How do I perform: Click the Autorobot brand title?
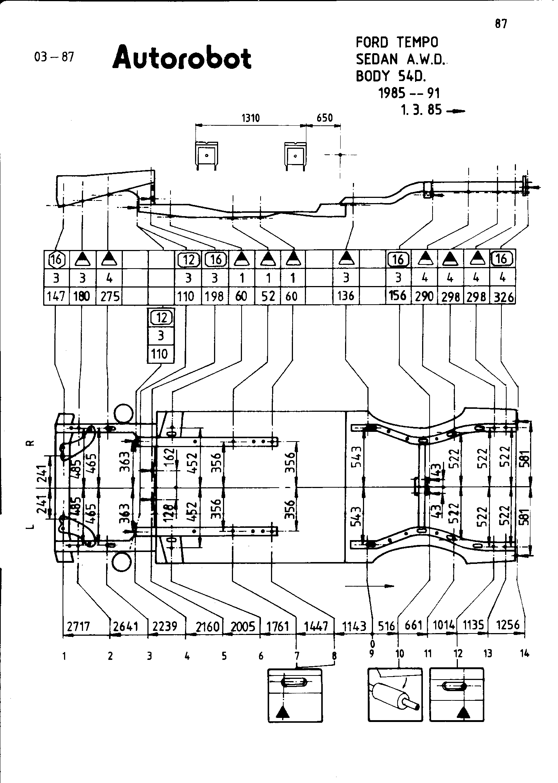point(182,58)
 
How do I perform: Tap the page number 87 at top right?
point(501,24)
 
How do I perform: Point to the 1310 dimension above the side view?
point(251,118)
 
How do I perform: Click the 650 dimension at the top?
point(324,118)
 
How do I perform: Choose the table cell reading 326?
point(503,296)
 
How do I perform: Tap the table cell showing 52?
point(268,296)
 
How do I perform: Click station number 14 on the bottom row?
point(524,653)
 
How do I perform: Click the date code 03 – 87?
point(54,57)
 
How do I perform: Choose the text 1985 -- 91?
point(409,93)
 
